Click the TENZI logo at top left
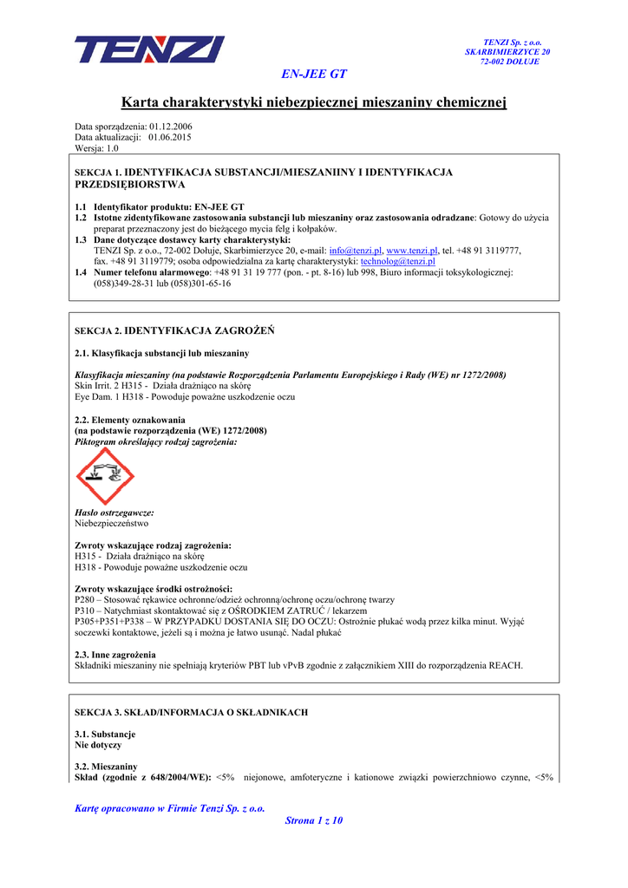pos(148,50)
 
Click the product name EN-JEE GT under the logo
pos(314,75)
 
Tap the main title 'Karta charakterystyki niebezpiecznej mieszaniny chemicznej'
pos(314,103)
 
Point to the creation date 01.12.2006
pos(171,127)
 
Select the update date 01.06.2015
pos(170,137)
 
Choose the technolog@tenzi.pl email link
pos(397,261)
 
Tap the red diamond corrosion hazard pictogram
pos(105,477)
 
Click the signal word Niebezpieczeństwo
pos(112,524)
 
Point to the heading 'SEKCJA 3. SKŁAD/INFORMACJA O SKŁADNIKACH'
pos(192,712)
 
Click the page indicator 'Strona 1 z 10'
pos(314,820)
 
